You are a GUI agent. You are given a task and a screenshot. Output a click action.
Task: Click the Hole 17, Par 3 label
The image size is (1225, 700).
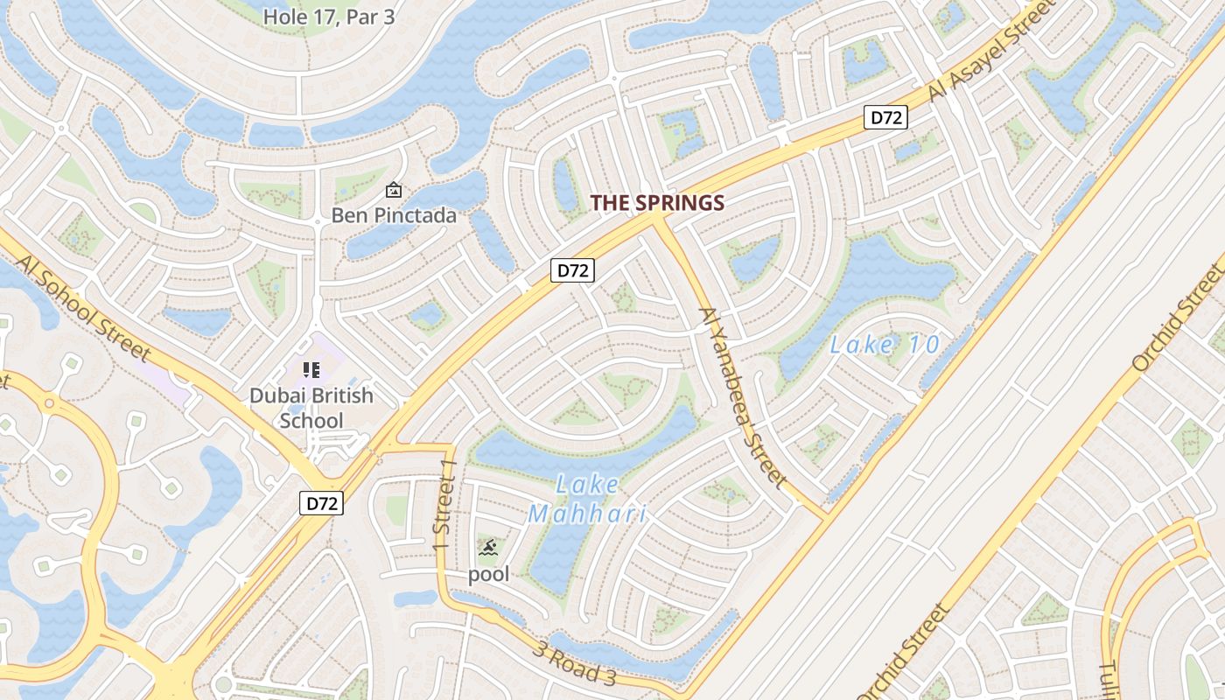(329, 17)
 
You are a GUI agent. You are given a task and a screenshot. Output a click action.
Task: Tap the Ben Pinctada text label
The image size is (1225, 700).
(394, 215)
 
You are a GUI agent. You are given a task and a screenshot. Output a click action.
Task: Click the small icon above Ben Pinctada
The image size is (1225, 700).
(394, 189)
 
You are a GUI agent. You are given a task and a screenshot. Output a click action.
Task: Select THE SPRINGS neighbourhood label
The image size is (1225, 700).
(657, 203)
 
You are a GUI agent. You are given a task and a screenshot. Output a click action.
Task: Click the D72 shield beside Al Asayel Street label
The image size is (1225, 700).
(885, 117)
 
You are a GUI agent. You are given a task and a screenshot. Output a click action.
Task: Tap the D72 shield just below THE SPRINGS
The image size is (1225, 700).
(573, 270)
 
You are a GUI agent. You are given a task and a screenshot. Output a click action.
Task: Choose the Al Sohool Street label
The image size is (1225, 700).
(84, 307)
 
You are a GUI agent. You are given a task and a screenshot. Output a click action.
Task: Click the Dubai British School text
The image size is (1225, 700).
(311, 408)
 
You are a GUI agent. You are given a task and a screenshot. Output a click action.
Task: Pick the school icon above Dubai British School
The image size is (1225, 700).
(311, 370)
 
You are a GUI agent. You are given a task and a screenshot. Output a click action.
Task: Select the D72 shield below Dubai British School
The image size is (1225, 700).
(321, 503)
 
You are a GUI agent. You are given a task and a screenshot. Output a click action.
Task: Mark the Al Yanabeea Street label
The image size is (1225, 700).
(743, 396)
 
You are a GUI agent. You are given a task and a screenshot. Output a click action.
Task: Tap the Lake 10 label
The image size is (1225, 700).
(885, 345)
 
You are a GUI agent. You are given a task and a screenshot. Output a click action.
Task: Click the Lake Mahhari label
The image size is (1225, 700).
(588, 498)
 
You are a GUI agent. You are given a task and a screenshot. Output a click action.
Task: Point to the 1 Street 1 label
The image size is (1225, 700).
(445, 506)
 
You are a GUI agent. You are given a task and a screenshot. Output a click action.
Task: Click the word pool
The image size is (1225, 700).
(488, 575)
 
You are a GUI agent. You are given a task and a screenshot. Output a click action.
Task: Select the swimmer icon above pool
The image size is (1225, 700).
(489, 549)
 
